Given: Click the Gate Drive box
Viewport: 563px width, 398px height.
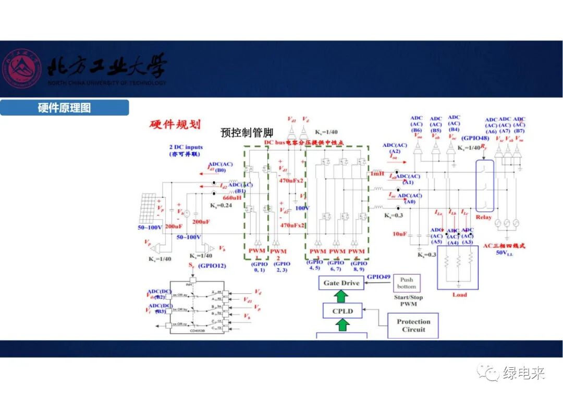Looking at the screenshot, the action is (341, 283).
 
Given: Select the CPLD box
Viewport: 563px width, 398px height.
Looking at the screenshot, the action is (342, 311).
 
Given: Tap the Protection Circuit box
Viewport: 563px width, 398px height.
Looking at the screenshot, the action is (413, 326).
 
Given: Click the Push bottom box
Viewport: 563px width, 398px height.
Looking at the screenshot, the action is (407, 283).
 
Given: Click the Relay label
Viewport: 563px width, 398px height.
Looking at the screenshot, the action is (483, 217).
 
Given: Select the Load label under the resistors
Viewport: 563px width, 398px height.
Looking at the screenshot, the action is (460, 295).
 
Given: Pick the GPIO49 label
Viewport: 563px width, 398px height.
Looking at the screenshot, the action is (378, 276).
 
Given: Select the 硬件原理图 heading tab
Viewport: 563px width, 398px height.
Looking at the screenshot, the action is (64, 108).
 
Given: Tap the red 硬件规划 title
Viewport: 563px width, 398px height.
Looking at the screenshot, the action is (175, 124).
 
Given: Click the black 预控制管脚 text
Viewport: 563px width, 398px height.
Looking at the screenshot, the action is (247, 133).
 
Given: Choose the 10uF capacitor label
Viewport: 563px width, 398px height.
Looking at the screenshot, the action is (400, 234).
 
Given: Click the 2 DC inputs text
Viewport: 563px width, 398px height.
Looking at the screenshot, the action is (186, 147).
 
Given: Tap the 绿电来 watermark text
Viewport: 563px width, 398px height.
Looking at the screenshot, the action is (523, 373).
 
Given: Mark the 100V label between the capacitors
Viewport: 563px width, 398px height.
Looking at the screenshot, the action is (302, 208).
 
